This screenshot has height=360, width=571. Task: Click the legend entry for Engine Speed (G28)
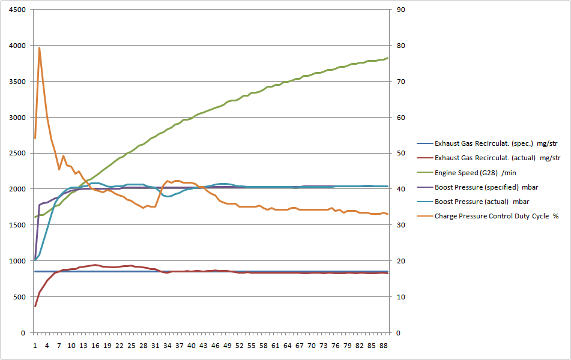(474, 173)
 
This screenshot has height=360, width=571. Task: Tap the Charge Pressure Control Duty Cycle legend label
(496, 216)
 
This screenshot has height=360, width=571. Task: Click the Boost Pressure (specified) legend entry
(482, 187)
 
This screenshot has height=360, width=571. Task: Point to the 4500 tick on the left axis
(17, 10)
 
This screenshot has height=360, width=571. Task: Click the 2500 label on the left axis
(17, 154)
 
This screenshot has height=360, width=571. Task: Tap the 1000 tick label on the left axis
(17, 261)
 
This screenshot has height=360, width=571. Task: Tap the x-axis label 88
(384, 346)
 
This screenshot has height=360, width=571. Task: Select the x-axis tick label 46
(215, 346)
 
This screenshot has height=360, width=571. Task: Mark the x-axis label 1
(35, 346)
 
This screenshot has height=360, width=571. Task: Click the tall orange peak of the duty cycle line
(39, 48)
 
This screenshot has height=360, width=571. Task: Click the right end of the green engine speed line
(388, 58)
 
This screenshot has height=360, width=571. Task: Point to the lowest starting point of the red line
(35, 307)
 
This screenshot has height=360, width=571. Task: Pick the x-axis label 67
(300, 346)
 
